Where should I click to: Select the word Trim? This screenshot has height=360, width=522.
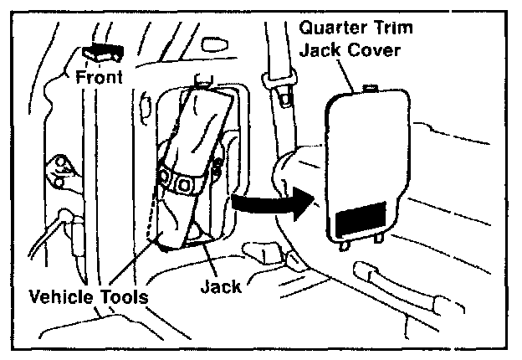point(394,27)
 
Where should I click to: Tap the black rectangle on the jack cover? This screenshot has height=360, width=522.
point(361,218)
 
